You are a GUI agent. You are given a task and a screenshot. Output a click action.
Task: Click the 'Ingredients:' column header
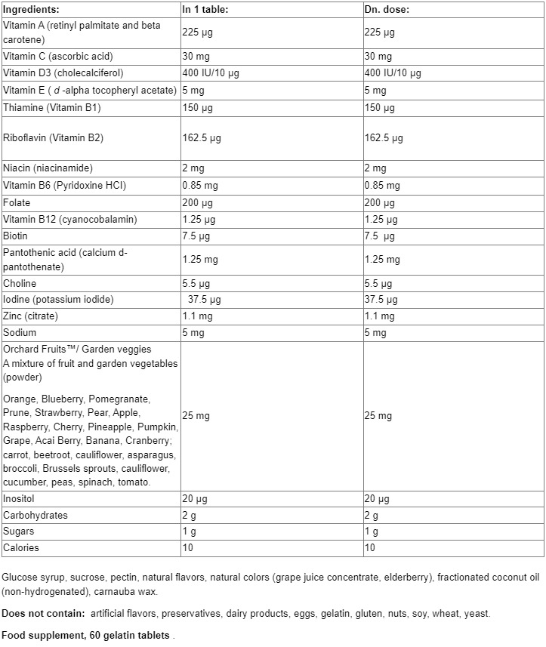(31, 10)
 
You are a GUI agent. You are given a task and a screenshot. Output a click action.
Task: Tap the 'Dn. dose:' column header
(387, 10)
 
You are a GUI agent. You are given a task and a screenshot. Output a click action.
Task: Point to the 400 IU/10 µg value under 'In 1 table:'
(211, 73)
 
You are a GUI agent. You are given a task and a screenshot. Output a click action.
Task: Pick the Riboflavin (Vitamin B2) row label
(53, 138)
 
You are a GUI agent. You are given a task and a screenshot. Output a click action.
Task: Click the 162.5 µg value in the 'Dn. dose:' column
(384, 138)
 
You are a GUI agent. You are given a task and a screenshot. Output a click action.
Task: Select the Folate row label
(17, 203)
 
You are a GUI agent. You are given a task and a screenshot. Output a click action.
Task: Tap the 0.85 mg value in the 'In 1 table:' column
(200, 185)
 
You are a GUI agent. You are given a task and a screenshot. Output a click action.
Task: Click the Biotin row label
(16, 236)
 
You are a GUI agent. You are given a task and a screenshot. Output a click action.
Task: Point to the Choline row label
(20, 283)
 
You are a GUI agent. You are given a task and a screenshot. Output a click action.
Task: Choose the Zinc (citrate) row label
(30, 316)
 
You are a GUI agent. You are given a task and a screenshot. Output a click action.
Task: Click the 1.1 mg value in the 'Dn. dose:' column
(379, 316)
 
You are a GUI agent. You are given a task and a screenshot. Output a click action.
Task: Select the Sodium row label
(20, 332)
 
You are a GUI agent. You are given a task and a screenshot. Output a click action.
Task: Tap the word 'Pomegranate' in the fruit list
(122, 398)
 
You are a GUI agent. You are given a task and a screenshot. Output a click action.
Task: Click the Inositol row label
(19, 499)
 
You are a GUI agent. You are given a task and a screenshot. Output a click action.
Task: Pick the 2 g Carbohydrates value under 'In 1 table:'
(189, 516)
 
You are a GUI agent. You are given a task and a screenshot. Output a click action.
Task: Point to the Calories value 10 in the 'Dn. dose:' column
(369, 548)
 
